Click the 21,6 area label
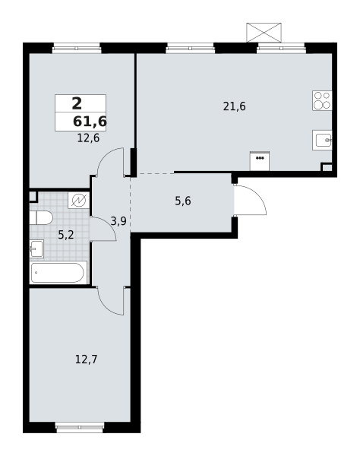234,106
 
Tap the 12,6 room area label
88,138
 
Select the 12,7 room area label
86,359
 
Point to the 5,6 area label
183,201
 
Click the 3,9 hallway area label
118,221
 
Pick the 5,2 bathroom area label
66,235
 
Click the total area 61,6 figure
90,122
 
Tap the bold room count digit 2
77,104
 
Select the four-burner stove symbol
322,100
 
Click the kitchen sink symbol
322,140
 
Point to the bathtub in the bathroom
58,272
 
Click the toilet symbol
41,217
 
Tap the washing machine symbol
78,200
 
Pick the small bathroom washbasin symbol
36,249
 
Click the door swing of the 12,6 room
111,160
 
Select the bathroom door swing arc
103,229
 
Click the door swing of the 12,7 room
111,301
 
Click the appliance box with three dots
260,161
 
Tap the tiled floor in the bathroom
64,251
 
